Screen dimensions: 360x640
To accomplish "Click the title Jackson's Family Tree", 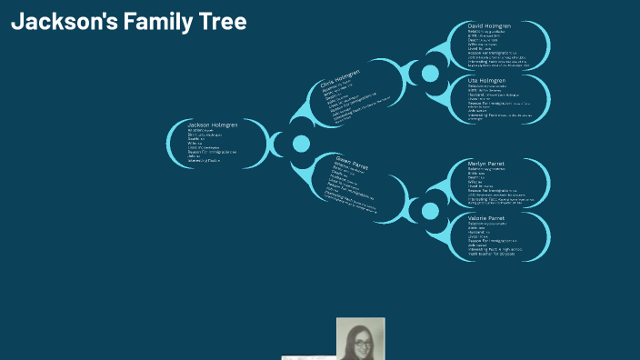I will tap(129, 22).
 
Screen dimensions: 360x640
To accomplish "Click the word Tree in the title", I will tap(222, 22).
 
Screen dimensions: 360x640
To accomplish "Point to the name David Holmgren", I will tap(489, 26).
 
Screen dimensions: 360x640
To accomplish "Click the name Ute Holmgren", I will tap(485, 81).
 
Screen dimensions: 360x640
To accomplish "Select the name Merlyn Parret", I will tap(486, 164).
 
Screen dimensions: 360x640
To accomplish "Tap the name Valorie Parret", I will tap(486, 218).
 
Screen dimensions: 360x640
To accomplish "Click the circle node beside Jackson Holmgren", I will tap(301, 144).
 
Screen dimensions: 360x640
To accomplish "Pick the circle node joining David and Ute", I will tap(430, 73).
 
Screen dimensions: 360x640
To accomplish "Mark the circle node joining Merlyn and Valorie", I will tap(430, 211).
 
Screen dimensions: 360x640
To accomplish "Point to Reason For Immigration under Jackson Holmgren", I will tap(212, 151).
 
